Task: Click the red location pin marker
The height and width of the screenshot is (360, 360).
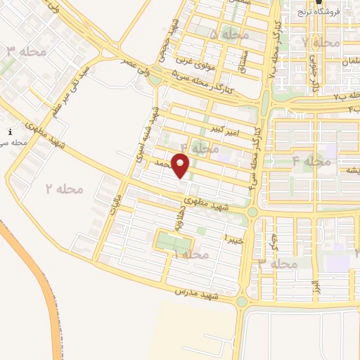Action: pyautogui.click(x=181, y=167)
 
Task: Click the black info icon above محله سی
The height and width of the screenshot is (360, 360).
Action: pyautogui.click(x=9, y=132)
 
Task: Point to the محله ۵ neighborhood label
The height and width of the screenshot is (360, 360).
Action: pyautogui.click(x=223, y=34)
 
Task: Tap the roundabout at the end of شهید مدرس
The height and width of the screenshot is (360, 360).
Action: pyautogui.click(x=242, y=301)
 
